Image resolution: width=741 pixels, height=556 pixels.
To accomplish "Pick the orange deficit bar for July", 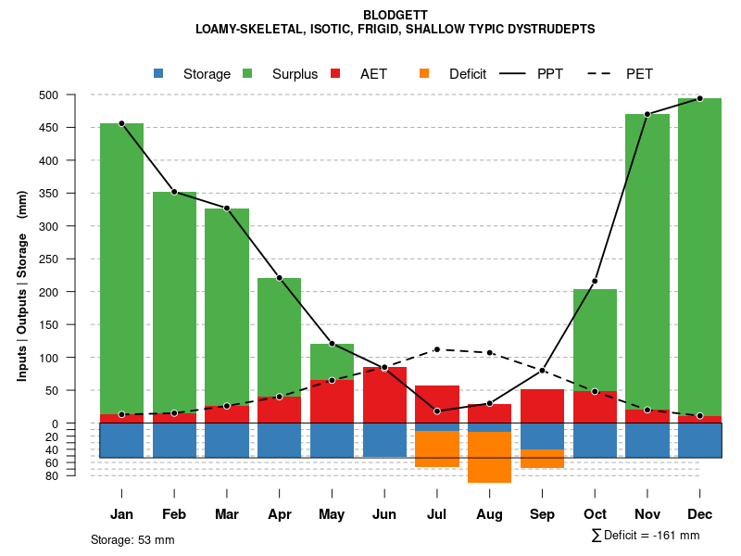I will pos(437,449).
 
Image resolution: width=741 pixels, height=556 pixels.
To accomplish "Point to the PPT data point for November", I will pos(647,114).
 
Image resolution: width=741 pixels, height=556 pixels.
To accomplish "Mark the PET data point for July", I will pos(437,349).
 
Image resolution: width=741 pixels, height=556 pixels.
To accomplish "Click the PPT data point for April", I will pos(280,278).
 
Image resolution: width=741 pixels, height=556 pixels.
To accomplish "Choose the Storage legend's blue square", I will pos(158,73).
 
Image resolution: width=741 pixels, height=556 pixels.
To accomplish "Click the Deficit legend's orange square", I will pos(424,73).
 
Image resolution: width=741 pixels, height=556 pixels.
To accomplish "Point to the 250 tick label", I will pos(73,259).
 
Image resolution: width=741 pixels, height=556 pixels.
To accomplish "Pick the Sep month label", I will pos(542,514).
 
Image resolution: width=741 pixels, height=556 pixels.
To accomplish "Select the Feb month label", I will pos(174,514).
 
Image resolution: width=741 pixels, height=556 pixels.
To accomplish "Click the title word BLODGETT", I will pos(396,15).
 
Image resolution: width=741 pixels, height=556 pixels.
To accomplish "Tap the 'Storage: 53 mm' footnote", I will pos(132,539).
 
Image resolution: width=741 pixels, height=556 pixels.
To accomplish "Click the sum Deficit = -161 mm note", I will pos(645,535).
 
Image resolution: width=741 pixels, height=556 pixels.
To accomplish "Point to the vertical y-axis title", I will pos(22,285).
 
